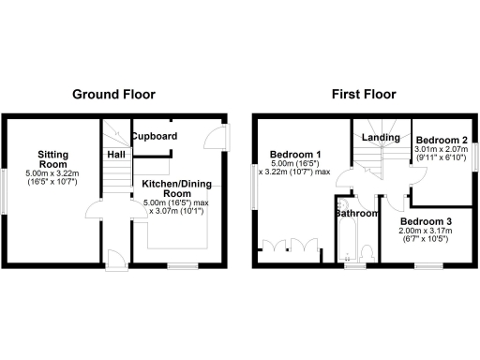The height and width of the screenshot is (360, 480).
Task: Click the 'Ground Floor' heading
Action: click(113, 94)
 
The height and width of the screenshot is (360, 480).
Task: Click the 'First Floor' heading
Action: click(364, 94)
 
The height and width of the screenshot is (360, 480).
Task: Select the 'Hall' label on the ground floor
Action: click(116, 154)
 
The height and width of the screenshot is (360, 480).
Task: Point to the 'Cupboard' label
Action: click(154, 137)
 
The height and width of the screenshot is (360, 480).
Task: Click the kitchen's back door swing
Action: click(215, 139)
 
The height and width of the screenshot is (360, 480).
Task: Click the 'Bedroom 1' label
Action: click(294, 155)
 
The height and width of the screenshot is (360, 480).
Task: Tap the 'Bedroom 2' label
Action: click(441, 137)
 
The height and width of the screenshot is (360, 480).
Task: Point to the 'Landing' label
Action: click(382, 138)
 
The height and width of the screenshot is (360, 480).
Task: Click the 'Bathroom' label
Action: click(357, 214)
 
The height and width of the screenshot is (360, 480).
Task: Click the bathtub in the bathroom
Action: click(342, 239)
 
